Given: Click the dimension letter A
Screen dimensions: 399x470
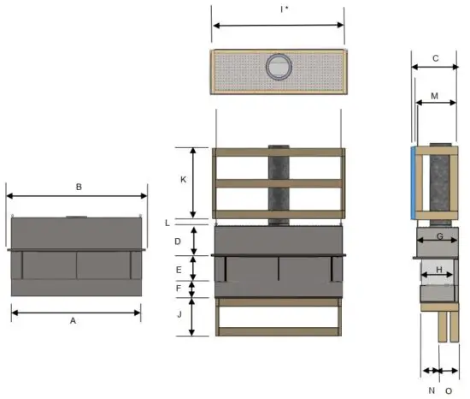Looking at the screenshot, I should point(73,321).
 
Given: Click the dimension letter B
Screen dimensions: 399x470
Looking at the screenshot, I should point(78,186).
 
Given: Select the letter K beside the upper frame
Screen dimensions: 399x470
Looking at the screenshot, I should point(183,180).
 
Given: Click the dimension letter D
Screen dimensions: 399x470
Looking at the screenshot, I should point(177,242).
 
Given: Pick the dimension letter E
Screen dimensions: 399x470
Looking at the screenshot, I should point(177,270).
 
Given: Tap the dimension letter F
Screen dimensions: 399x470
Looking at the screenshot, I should point(177,289).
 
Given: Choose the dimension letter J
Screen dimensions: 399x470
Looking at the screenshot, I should point(177,315).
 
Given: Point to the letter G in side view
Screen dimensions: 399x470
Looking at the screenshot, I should point(439,235).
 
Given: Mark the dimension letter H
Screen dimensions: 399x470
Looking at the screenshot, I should point(439,270).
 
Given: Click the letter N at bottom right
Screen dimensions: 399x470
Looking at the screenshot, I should point(431,390).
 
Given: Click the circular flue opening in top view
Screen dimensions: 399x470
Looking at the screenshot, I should point(279,65).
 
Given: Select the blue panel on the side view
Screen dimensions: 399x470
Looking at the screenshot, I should point(414,182).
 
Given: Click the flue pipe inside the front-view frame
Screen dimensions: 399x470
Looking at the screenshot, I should point(279,180).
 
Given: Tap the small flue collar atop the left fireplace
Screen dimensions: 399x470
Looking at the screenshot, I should point(76,216).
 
